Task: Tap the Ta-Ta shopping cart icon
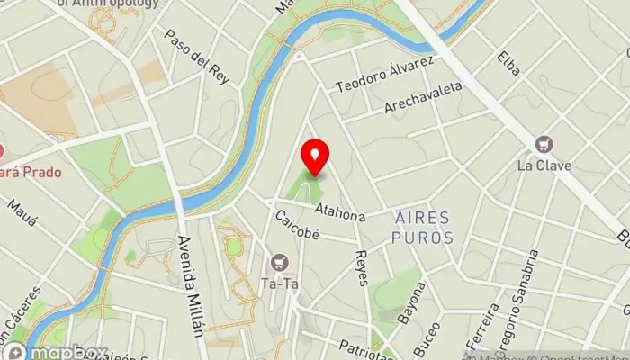[x=279, y=262]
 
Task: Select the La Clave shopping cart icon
[x=544, y=144]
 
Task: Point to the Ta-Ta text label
[x=279, y=281]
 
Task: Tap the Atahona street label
[x=340, y=212]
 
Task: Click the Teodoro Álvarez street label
[x=385, y=74]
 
